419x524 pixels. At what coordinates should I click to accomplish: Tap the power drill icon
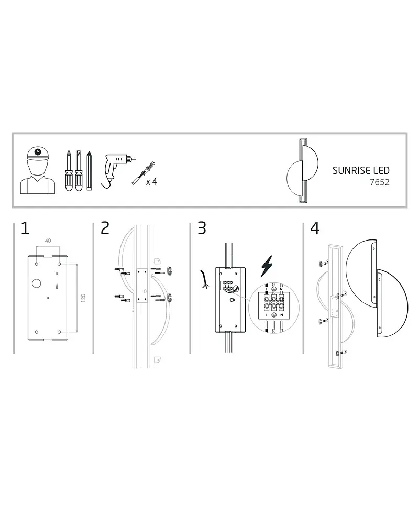(117, 170)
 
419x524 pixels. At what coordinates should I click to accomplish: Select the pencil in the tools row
(89, 170)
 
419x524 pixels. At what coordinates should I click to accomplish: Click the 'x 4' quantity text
(151, 182)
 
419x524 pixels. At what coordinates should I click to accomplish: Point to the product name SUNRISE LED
(361, 170)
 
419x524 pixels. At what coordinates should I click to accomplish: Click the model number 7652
(380, 182)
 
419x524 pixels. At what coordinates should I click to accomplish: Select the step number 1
(25, 228)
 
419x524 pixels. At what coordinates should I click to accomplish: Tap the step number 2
(105, 228)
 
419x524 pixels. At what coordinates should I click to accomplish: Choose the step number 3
(202, 228)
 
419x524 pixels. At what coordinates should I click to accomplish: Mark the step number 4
(315, 228)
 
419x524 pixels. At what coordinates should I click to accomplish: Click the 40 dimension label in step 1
(48, 241)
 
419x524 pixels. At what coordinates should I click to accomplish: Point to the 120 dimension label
(83, 298)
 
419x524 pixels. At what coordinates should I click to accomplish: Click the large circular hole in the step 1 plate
(37, 283)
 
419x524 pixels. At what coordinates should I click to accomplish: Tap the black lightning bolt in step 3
(267, 266)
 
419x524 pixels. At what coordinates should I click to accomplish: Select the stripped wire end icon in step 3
(204, 279)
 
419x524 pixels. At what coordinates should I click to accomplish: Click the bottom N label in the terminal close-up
(282, 315)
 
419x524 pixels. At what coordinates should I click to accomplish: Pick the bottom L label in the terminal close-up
(267, 315)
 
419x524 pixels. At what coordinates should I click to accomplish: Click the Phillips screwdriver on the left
(69, 171)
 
